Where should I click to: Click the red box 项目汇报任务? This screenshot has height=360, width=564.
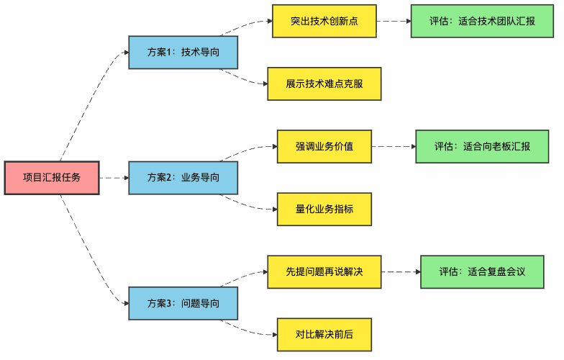51,177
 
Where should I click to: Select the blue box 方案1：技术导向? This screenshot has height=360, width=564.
183,52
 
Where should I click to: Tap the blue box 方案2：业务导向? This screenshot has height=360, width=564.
183,177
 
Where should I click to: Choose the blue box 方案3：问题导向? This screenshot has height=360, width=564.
183,303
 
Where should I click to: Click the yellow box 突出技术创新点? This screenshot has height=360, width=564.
324,22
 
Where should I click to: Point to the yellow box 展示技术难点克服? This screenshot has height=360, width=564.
324,84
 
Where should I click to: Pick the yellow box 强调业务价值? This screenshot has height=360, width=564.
324,146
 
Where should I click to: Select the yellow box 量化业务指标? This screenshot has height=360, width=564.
324,209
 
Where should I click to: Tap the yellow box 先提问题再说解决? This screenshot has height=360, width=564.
324,271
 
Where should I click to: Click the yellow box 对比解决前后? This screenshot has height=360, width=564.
324,334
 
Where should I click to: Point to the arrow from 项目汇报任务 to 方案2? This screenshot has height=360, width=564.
114,177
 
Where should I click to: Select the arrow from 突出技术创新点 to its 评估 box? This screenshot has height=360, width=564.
394,22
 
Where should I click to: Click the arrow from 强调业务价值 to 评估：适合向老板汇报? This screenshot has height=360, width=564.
394,146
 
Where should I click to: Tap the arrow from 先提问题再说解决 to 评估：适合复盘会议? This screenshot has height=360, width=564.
401,271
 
